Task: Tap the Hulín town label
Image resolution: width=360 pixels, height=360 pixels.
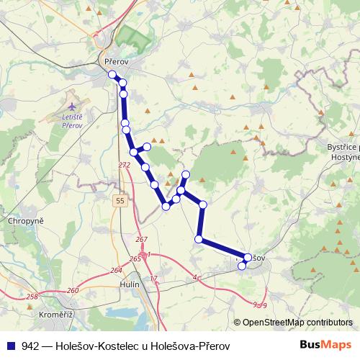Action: pyautogui.click(x=130, y=284)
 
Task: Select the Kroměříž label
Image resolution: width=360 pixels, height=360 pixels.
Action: pyautogui.click(x=56, y=315)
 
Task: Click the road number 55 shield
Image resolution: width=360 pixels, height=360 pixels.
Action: pyautogui.click(x=120, y=200)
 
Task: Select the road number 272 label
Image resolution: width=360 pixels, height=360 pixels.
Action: pyautogui.click(x=125, y=165)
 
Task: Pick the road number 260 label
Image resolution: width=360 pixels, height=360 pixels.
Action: pyautogui.click(x=73, y=291)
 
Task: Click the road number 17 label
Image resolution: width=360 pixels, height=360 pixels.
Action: pyautogui.click(x=153, y=279)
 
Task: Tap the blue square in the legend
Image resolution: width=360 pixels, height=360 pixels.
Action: pyautogui.click(x=12, y=346)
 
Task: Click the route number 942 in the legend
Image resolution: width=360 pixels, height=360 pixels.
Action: pyautogui.click(x=30, y=346)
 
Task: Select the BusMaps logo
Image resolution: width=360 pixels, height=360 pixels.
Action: pyautogui.click(x=325, y=346)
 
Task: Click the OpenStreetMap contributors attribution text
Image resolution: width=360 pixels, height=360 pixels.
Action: pyautogui.click(x=297, y=323)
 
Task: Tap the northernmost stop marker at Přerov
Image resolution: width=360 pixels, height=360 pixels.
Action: pyautogui.click(x=112, y=75)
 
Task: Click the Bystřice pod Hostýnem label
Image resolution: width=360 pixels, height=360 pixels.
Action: pyautogui.click(x=343, y=152)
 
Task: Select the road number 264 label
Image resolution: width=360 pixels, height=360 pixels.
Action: pyautogui.click(x=116, y=271)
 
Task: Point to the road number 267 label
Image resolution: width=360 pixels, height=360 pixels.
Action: pyautogui.click(x=141, y=240)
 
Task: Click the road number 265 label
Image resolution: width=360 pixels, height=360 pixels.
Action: pyautogui.click(x=135, y=258)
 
